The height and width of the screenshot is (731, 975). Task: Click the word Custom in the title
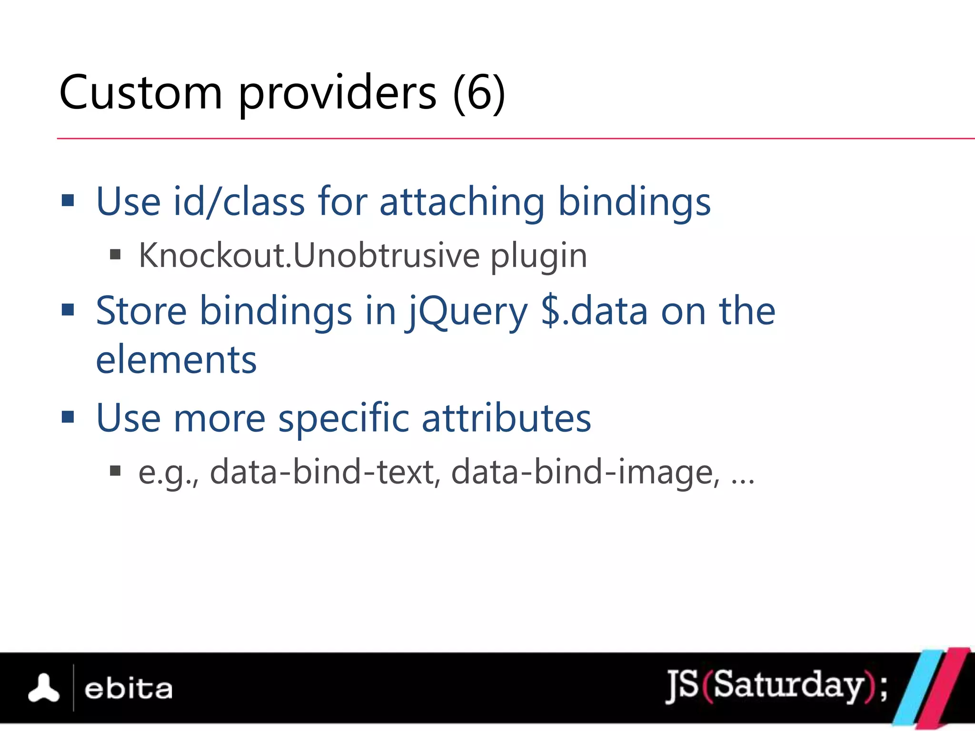click(141, 93)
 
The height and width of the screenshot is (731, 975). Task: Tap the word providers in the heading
click(337, 94)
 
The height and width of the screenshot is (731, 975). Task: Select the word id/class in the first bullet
click(239, 202)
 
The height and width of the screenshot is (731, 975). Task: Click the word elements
click(176, 360)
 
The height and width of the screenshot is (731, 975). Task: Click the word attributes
click(506, 418)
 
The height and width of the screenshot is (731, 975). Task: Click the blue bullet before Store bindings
click(68, 310)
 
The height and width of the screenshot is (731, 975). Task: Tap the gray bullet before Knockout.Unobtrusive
click(115, 255)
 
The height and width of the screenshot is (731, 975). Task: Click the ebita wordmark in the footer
click(128, 689)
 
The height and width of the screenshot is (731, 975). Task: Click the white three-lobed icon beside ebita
click(44, 688)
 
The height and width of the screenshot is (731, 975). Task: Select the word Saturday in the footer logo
click(788, 685)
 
